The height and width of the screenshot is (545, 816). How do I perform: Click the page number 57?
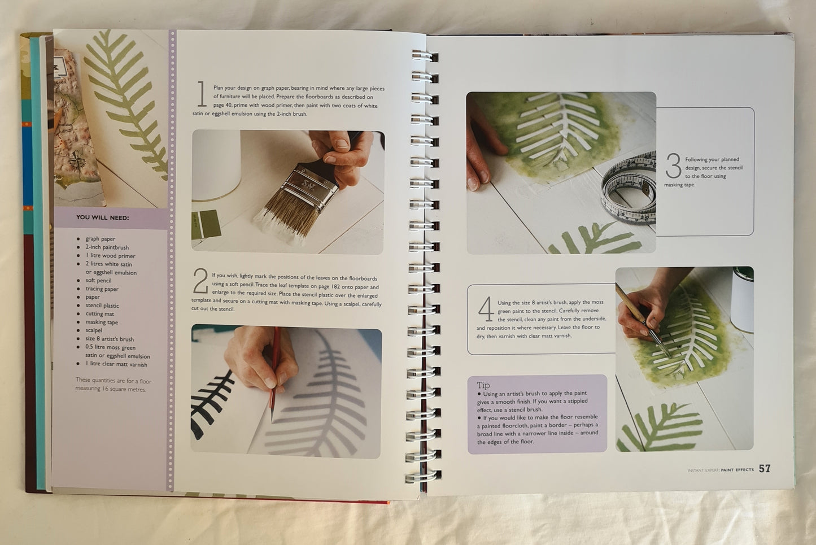click(765, 469)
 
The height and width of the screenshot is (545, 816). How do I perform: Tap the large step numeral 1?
click(202, 94)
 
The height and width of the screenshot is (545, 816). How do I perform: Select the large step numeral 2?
click(200, 281)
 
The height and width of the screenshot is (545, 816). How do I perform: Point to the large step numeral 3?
click(673, 165)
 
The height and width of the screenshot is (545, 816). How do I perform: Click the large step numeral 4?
click(486, 309)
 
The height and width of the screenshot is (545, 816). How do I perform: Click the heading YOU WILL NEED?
click(102, 217)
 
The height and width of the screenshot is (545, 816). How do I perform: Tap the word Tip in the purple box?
click(483, 385)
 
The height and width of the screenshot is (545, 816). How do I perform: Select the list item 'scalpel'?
click(94, 330)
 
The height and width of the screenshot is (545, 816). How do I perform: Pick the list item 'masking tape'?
click(102, 322)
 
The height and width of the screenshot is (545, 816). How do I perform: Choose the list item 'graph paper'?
click(100, 239)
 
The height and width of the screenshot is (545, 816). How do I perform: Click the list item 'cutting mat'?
click(100, 313)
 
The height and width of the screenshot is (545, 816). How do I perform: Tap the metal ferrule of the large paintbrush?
click(311, 186)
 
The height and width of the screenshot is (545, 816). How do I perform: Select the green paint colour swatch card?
click(206, 224)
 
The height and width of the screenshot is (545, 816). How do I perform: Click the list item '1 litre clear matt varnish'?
click(116, 364)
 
